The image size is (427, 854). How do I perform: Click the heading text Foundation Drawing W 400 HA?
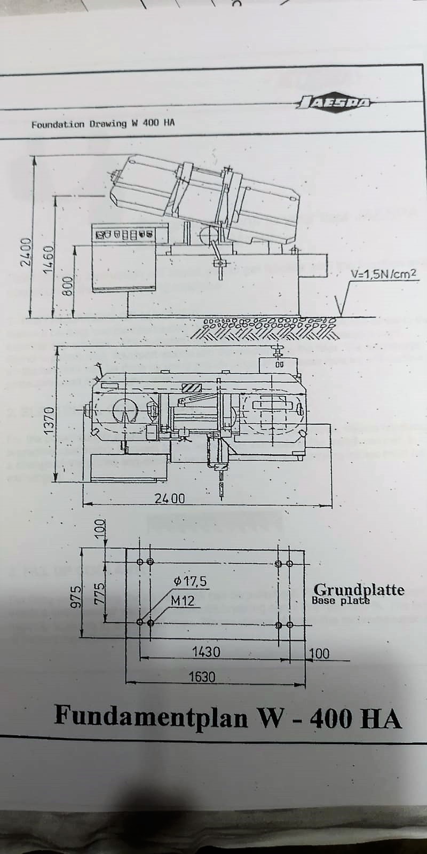[x=102, y=124]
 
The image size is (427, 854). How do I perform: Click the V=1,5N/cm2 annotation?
[x=382, y=275]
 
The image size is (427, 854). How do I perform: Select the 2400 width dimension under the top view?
[x=170, y=498]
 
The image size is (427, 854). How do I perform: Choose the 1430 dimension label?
[x=205, y=652]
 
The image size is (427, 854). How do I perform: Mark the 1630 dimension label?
[x=202, y=677]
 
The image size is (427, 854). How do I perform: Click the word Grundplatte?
[x=358, y=589]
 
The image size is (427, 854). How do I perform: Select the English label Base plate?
[x=341, y=600]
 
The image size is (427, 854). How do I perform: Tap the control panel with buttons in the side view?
[x=124, y=234]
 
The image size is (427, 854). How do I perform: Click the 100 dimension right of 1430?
[x=319, y=653]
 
